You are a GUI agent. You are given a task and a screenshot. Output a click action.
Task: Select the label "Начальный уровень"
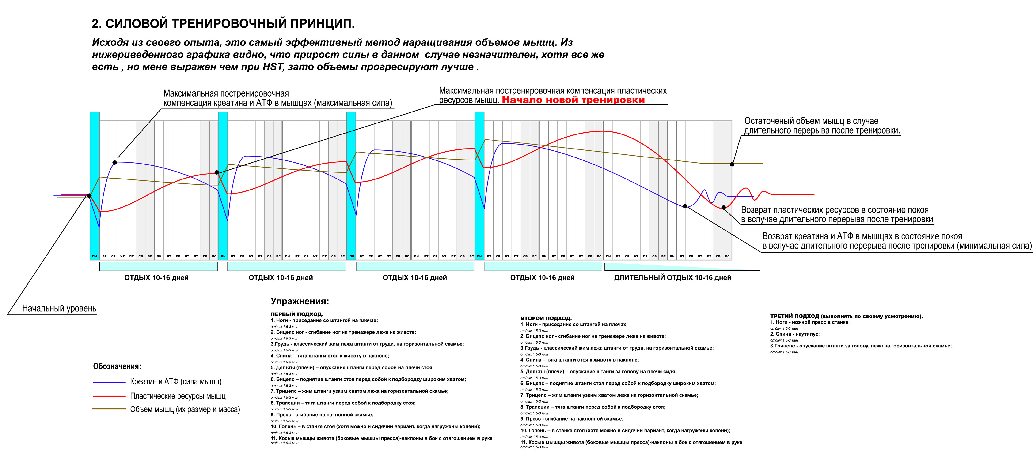59,309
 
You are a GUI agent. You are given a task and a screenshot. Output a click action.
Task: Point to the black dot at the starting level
89,196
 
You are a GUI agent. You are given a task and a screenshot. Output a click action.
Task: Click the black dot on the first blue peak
115,162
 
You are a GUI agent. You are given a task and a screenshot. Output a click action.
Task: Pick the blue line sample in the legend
109,382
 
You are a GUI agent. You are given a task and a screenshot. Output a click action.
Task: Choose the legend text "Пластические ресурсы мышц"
178,396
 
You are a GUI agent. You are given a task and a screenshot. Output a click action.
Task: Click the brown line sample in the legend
109,409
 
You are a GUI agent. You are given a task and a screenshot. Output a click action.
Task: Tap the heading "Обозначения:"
117,366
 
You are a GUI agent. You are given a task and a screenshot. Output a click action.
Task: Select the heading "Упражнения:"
300,301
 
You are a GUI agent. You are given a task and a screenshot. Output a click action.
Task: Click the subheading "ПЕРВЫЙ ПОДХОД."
297,314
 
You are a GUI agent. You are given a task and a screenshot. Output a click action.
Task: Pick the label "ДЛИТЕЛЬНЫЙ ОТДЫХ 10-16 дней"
672,278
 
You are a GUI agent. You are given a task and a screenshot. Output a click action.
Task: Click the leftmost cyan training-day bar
95,184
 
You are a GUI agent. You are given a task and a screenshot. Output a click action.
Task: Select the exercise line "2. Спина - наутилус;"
795,334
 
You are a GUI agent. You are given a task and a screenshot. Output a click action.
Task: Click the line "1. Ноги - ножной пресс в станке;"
810,322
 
